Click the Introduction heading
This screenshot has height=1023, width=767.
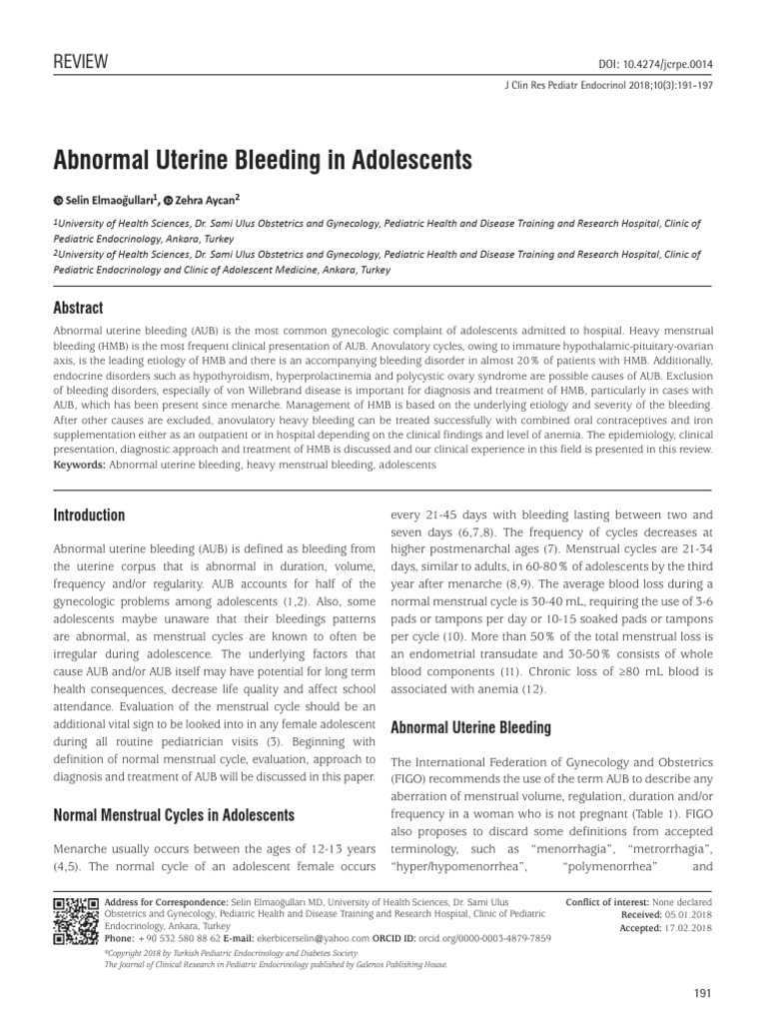88,515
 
